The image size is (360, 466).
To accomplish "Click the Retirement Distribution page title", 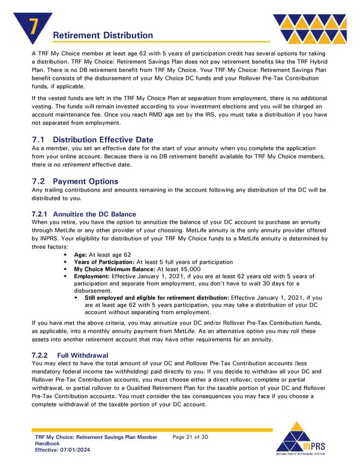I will (103, 35).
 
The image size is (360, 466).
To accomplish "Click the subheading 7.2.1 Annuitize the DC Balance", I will (83, 214).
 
